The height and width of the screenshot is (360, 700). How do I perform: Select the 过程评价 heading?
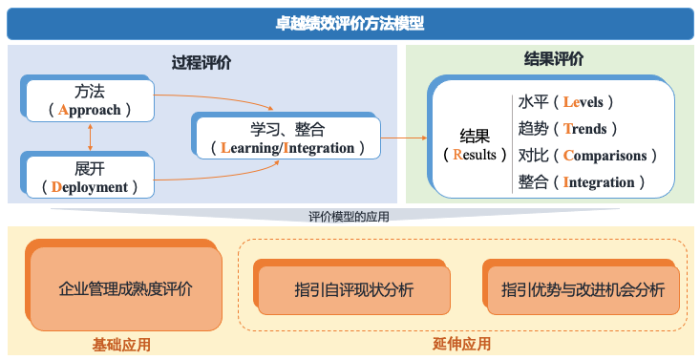tap(202, 63)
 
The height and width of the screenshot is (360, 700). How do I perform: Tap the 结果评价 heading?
tap(554, 59)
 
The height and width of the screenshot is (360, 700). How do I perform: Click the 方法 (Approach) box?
tap(90, 100)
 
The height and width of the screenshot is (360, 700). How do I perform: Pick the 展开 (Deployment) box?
tap(89, 178)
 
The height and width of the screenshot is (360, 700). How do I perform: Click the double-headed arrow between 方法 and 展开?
tap(90, 139)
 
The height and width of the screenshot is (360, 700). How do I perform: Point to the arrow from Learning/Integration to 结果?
tap(405, 138)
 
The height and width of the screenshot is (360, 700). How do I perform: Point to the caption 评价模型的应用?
tap(349, 217)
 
